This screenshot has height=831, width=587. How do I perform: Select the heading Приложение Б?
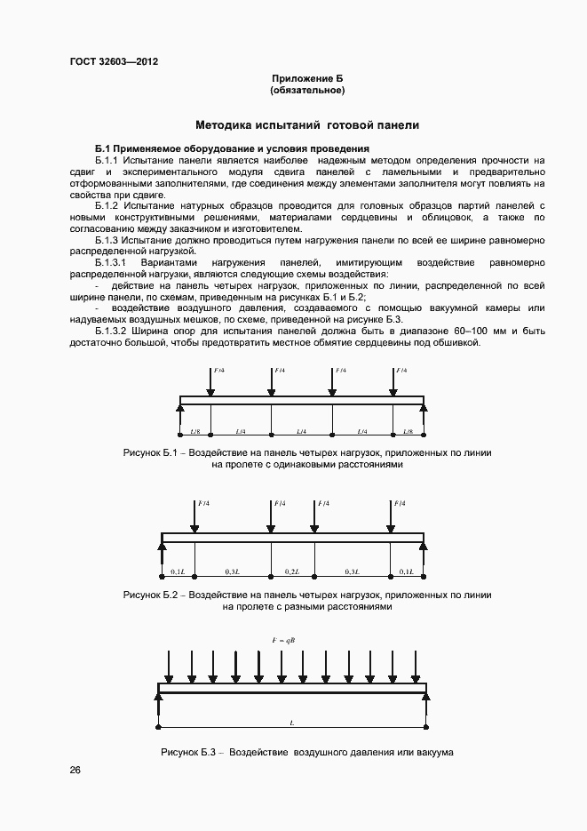tap(306, 80)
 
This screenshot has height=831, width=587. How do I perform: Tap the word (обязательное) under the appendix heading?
tap(306, 91)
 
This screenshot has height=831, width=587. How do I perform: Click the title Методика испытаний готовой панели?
tap(307, 125)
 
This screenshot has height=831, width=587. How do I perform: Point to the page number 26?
tap(75, 770)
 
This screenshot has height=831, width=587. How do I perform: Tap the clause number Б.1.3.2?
tap(114, 332)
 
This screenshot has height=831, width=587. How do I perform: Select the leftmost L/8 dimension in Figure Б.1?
tap(194, 431)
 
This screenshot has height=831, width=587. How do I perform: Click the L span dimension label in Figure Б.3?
tap(292, 723)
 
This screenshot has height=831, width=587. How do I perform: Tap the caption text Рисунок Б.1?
tap(152, 453)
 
